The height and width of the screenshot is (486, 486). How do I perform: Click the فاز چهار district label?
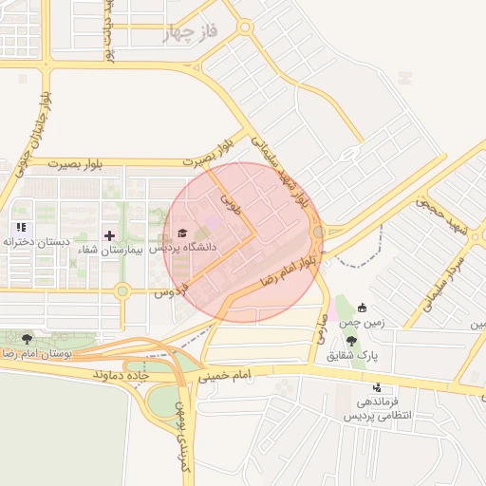pos(190,33)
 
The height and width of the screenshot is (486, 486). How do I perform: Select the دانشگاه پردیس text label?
pos(189,247)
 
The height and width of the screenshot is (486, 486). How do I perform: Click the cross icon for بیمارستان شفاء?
pos(109,234)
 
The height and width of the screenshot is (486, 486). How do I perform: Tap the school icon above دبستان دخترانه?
pos(21,228)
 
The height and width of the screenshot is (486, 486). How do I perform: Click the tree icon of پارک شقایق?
pos(352,341)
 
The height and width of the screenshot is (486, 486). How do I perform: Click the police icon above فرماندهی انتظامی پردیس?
pos(378,387)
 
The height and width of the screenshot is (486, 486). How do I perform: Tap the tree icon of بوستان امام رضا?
pos(26,338)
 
